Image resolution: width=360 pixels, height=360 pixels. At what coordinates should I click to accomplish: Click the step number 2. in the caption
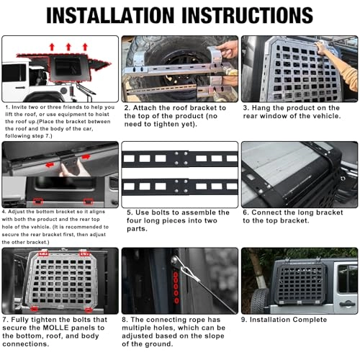point(127,107)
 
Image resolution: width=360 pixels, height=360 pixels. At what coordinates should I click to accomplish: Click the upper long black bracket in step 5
point(180,158)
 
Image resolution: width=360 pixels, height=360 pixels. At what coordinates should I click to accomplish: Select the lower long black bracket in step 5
point(180,186)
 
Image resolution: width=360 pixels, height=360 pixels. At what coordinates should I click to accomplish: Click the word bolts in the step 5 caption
point(160,213)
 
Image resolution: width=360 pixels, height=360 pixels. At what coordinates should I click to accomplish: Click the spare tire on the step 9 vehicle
point(260,300)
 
